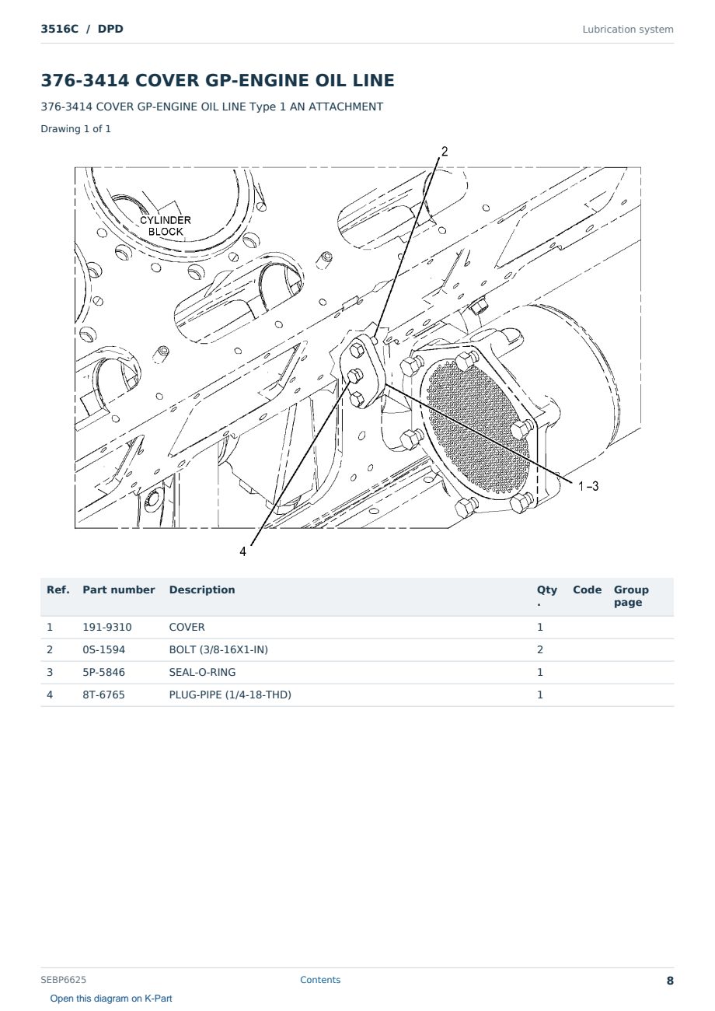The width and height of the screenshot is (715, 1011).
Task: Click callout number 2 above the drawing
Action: coord(445,152)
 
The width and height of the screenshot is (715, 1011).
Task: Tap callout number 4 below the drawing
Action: coord(242,551)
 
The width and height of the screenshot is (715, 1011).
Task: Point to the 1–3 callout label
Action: coord(588,486)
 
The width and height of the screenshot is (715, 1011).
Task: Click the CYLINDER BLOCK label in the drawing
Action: coord(165,226)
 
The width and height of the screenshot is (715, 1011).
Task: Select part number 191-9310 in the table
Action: coord(107,627)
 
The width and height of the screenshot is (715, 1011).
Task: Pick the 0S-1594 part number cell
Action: coord(104,649)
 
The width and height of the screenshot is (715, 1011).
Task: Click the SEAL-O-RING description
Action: coord(202,672)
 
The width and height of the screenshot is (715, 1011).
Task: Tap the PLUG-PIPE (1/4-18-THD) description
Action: coord(230,694)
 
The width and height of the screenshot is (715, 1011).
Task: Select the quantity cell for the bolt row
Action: coord(540,649)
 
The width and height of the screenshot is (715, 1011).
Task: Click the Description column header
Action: coord(202,589)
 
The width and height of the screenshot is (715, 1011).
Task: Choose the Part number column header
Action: coord(119,589)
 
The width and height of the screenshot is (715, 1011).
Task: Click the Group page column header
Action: coord(631,596)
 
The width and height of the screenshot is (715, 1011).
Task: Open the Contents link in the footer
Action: coord(320,980)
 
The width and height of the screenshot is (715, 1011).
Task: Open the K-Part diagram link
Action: coord(111,999)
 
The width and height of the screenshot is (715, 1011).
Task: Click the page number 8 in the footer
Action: coord(670,981)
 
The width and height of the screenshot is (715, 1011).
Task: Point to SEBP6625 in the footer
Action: coord(63,980)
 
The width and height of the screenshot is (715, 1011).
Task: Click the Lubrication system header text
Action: coord(628,30)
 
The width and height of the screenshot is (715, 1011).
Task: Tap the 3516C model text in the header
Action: coord(59,29)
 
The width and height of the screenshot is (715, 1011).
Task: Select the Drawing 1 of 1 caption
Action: coord(76,128)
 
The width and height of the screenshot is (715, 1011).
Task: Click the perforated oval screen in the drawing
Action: coord(477,427)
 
